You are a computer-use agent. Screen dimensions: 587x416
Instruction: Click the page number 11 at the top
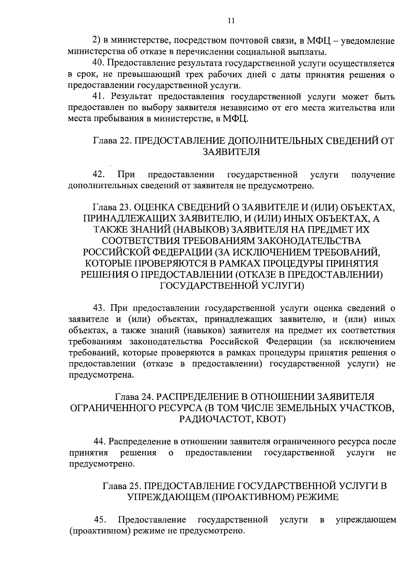[232, 21]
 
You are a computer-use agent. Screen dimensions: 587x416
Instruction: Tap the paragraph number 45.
[100, 519]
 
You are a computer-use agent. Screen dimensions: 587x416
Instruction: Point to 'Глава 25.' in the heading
[121, 485]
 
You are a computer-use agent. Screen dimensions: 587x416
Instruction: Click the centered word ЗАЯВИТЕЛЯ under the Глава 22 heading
[231, 152]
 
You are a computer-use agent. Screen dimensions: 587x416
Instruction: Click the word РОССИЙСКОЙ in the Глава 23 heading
[114, 252]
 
